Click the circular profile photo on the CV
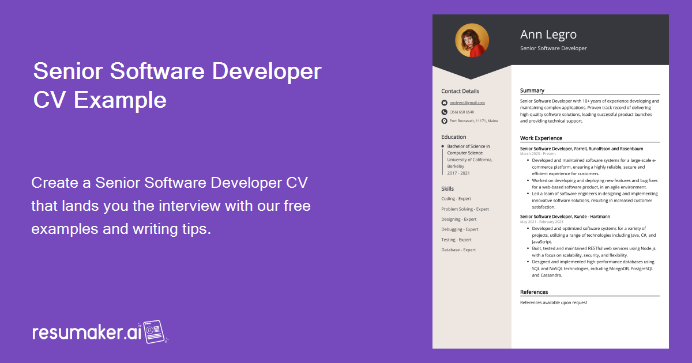point(472,40)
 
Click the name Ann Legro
point(548,35)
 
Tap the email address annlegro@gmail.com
point(467,103)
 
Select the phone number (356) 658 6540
point(462,112)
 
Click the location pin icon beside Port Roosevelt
point(444,121)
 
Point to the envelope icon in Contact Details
point(444,103)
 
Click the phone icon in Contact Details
point(444,112)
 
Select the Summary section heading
point(532,90)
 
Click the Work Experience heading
point(541,138)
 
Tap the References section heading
point(534,292)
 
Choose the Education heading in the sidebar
point(454,137)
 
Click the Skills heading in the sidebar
point(447,189)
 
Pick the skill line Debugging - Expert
point(460,229)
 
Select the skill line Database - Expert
point(458,250)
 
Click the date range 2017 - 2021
point(458,173)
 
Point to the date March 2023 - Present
point(538,154)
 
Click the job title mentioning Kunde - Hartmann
point(565,217)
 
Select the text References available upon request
point(554,302)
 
